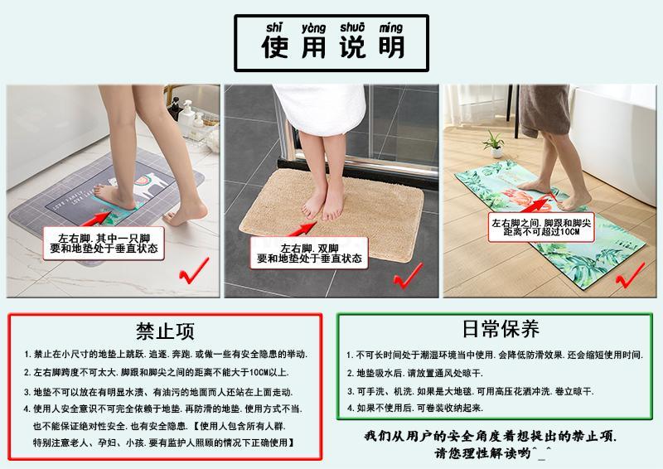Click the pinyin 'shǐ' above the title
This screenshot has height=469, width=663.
274,28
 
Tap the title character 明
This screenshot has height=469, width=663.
391,46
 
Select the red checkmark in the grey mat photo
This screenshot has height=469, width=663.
194,271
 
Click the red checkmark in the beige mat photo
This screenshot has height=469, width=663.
408,276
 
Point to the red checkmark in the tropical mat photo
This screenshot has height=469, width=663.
630,275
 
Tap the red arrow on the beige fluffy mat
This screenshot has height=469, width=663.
302,230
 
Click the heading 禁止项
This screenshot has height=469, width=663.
165,331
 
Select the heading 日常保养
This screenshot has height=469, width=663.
501,329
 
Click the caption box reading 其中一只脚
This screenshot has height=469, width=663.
104,243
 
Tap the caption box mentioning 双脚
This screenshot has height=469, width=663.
309,253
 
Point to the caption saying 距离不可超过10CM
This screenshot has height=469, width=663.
541,227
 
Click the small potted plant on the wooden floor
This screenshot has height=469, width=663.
495,144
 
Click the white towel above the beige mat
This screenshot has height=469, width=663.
319,109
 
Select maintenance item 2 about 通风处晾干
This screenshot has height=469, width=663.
415,373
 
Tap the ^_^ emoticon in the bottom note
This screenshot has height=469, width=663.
542,452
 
